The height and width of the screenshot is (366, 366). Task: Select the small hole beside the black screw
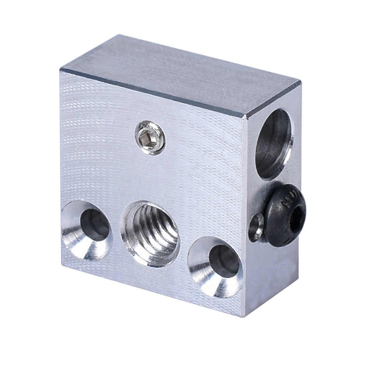(256, 227)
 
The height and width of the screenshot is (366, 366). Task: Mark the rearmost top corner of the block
(118, 35)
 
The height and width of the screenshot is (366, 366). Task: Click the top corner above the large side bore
(300, 81)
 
